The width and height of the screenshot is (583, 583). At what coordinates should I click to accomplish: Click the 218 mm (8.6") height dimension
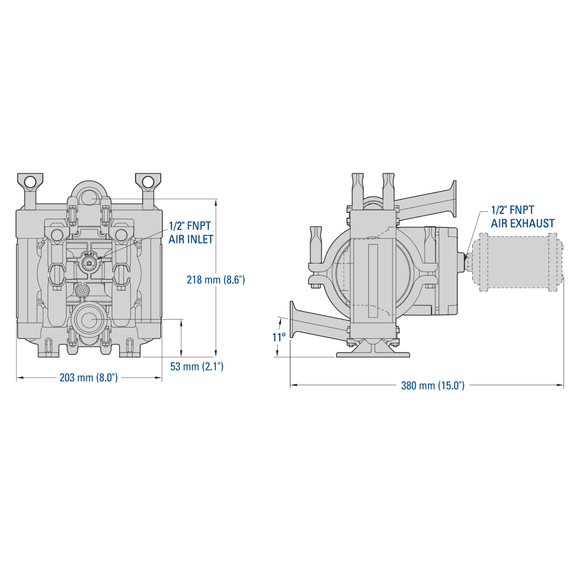[216, 280]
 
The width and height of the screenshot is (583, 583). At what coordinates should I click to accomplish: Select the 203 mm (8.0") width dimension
[88, 377]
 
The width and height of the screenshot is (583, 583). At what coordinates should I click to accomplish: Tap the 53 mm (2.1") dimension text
[197, 366]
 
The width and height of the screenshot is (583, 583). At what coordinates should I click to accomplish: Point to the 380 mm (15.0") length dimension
[432, 386]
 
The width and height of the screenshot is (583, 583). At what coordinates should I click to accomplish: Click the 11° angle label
[279, 337]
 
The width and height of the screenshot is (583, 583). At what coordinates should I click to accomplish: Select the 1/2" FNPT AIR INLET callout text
[190, 233]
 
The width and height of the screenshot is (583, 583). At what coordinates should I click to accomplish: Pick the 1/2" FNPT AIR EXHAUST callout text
[522, 217]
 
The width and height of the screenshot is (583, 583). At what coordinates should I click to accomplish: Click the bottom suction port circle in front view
[88, 320]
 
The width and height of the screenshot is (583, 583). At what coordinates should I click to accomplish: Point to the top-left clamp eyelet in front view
[30, 182]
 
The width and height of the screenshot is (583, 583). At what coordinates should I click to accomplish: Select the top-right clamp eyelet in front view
[148, 182]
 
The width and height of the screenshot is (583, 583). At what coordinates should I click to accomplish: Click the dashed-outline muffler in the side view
[517, 262]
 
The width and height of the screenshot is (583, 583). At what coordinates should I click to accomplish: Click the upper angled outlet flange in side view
[454, 199]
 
